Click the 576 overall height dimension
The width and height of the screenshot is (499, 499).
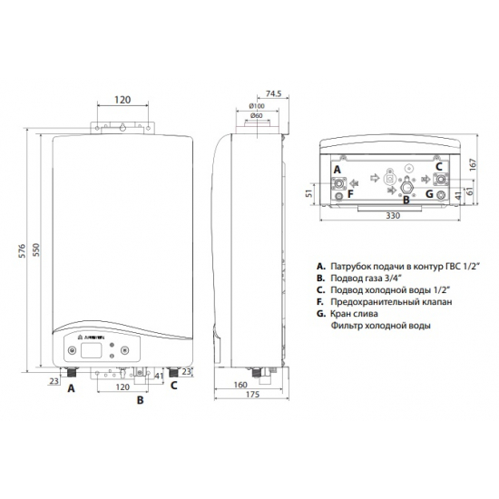21,257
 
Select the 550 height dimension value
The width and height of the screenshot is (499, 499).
37,257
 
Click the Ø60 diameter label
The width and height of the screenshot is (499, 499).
257,116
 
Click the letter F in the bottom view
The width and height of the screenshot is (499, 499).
338,193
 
